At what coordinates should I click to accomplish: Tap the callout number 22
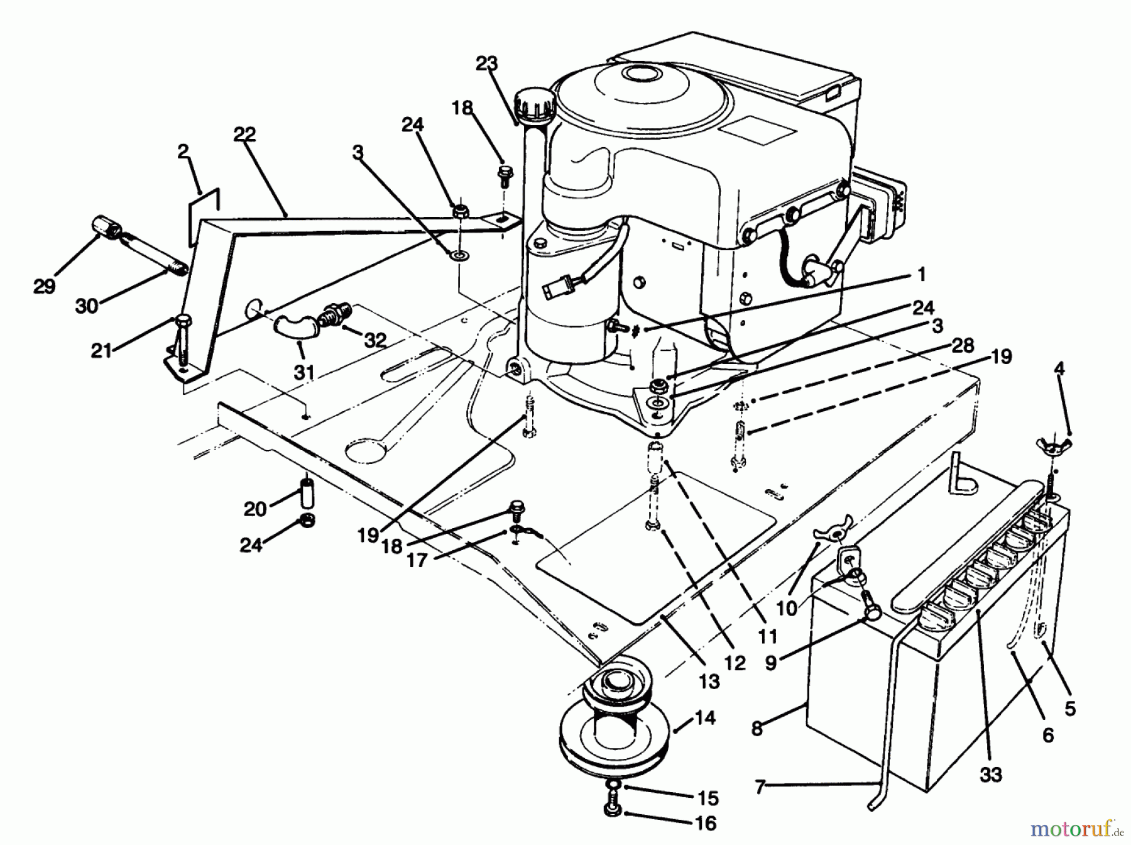click(x=244, y=134)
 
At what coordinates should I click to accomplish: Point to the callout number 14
click(x=706, y=717)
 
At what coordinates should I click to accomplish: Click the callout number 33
click(x=991, y=775)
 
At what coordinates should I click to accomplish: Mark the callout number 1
click(x=921, y=275)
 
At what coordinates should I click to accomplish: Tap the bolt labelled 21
click(x=183, y=343)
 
